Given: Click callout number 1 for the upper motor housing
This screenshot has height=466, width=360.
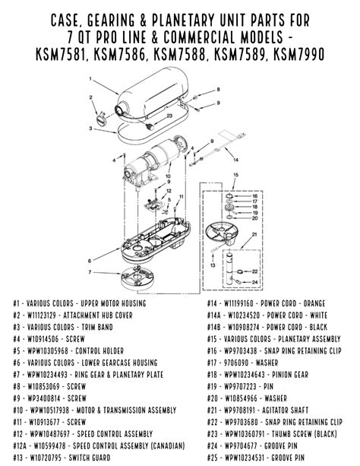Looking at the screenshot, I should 90,78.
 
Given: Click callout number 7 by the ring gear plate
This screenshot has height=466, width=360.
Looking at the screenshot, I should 90,271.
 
